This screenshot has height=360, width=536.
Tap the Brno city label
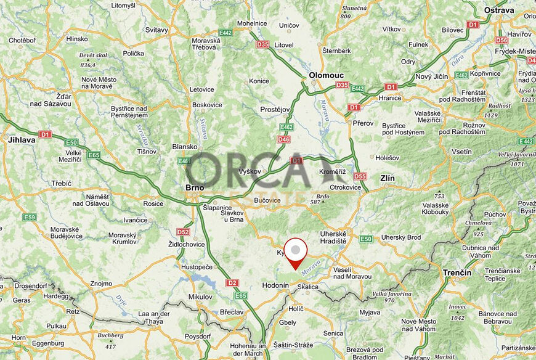[x=195, y=188]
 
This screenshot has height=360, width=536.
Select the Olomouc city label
[x=325, y=74]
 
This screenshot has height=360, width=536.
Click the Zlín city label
[x=387, y=178]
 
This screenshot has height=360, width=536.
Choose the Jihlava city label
[x=22, y=140]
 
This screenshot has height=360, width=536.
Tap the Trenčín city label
[x=457, y=272]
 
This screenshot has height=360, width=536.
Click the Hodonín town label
[x=275, y=285]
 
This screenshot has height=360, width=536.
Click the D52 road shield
[x=183, y=232]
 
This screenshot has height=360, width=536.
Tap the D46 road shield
[x=283, y=139]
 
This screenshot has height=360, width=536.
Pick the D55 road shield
[x=360, y=176]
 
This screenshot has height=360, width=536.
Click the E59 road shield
[x=29, y=217]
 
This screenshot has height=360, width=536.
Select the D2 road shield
[x=231, y=283]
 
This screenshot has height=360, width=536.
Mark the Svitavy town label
[x=157, y=30]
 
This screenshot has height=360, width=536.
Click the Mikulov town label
[x=200, y=297]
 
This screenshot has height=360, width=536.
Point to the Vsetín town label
[x=461, y=151]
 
